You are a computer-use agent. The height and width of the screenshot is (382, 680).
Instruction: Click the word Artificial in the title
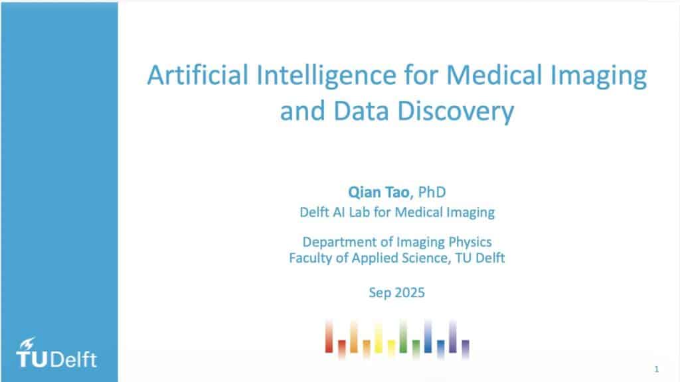pos(198,74)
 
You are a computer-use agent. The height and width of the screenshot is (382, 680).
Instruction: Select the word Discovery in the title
pos(456,111)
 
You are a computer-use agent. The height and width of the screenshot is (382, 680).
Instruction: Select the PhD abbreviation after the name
pos(432,192)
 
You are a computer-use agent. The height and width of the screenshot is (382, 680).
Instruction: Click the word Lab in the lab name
pos(359,212)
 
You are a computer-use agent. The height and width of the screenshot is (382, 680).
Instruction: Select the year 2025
pos(410,292)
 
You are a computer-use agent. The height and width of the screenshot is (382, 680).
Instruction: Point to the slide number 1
pos(657,369)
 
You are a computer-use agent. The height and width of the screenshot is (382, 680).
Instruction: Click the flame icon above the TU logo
pos(27,344)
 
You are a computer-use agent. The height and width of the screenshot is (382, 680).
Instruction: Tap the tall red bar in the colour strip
pos(329,336)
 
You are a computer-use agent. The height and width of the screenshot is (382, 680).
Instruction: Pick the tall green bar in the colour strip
pos(403,336)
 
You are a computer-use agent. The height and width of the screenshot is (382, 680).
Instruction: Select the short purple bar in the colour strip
pos(466,349)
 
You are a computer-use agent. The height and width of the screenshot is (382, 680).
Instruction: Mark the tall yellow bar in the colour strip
pos(379,338)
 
